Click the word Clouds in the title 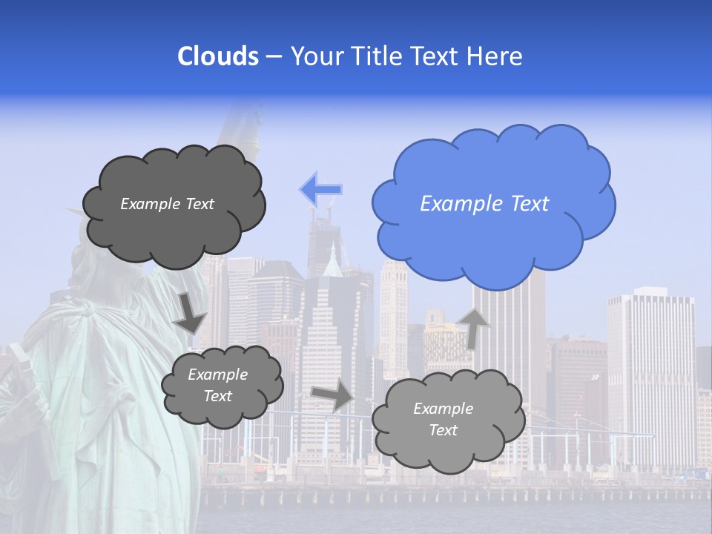[218, 56]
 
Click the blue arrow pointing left [320, 190]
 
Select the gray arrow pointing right [332, 396]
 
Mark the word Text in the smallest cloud [217, 396]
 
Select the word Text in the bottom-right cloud [443, 430]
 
